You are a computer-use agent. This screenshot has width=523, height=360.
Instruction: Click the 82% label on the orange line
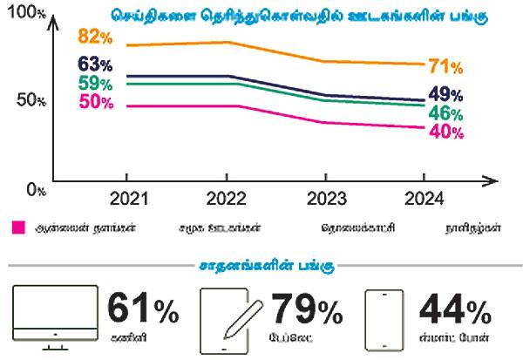point(95,37)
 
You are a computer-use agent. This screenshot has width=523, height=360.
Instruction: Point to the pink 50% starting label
point(95,102)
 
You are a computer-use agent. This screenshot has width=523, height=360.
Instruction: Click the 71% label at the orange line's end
point(445,66)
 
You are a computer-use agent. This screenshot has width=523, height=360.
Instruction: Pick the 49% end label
point(445,95)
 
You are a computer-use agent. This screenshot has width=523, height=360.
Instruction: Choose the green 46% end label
point(445,113)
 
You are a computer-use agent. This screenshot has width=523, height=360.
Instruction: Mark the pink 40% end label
point(445,132)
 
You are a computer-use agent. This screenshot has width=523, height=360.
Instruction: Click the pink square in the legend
point(17,228)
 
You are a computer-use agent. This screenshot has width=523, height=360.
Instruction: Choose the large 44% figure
point(454,308)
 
